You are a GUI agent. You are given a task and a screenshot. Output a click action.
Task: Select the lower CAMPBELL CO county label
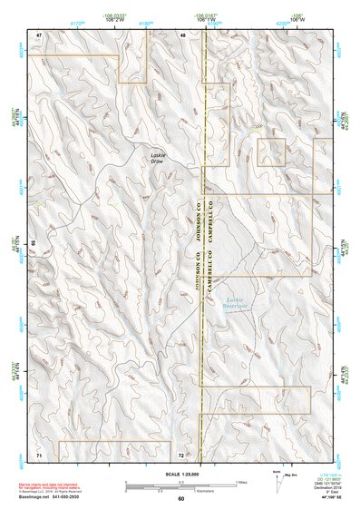209,273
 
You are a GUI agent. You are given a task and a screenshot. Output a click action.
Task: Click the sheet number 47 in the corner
39,34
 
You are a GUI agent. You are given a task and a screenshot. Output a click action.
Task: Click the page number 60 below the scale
180,499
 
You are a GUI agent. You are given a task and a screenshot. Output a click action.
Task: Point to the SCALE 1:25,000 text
180,474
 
